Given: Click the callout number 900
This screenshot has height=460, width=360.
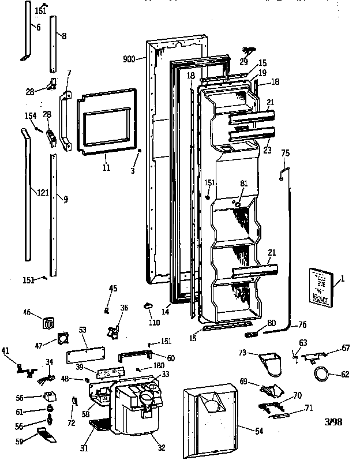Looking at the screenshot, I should pyautogui.click(x=129, y=58).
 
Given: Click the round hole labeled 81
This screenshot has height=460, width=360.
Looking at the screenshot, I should pyautogui.click(x=237, y=203).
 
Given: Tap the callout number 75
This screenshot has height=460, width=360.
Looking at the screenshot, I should pyautogui.click(x=285, y=154).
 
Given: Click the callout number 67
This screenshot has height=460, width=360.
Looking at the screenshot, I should pyautogui.click(x=346, y=348).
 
